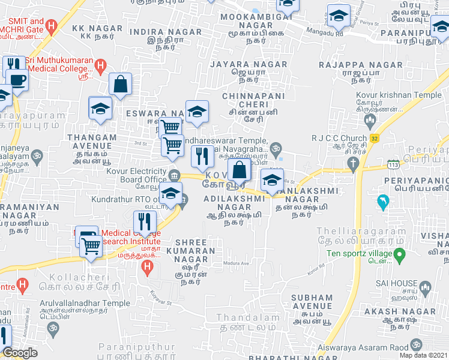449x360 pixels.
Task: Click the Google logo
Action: coord(20,353)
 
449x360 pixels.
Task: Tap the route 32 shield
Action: coord(374,138)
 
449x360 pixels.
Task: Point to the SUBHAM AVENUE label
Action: coord(312,302)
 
